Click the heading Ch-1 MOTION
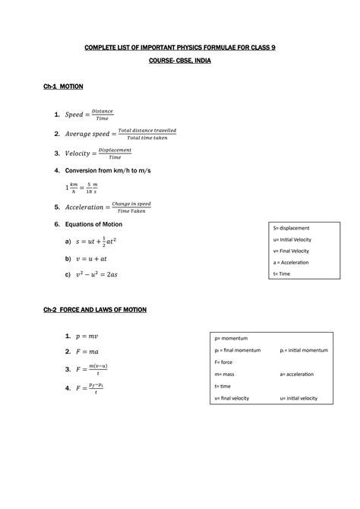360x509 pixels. pyautogui.click(x=63, y=87)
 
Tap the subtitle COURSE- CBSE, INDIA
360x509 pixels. pyautogui.click(x=179, y=62)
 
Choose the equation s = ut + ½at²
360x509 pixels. pyautogui.click(x=100, y=242)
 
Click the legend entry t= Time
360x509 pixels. pyautogui.click(x=282, y=273)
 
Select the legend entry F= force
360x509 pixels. pyautogui.click(x=225, y=362)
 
